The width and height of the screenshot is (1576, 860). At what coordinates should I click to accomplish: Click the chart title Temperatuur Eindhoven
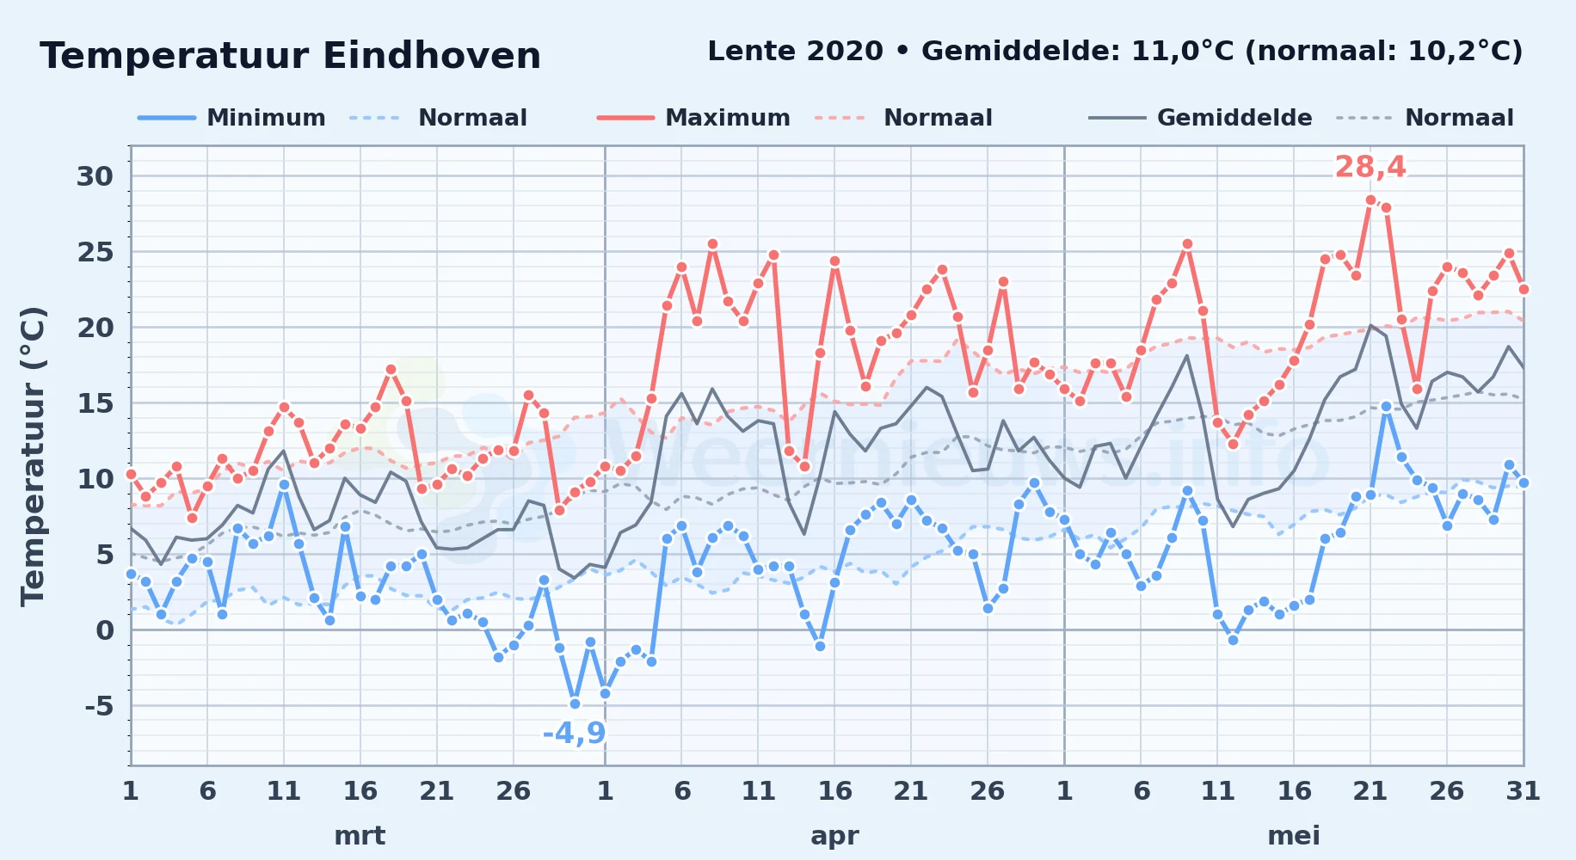(290, 56)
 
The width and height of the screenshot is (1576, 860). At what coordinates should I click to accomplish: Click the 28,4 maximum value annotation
(1370, 167)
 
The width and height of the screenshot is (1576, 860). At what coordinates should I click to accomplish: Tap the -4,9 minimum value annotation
(574, 734)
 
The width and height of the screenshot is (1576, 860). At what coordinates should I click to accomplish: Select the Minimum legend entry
(232, 118)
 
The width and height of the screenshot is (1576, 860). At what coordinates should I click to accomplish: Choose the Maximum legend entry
(693, 118)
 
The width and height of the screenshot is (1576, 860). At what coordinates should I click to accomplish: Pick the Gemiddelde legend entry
(1201, 118)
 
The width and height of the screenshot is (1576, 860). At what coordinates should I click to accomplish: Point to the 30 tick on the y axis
(95, 176)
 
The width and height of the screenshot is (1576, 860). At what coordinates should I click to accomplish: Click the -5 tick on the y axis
(98, 706)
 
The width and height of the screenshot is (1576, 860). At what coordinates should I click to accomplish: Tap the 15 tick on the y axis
(95, 403)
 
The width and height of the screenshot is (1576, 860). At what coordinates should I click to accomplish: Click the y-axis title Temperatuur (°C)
(33, 456)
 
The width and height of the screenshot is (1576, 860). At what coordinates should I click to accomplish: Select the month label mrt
(360, 835)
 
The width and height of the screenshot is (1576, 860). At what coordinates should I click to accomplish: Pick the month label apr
(834, 835)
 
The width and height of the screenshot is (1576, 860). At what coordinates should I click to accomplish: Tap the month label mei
(1294, 835)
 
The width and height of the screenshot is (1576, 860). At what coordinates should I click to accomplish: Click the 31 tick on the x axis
(1523, 790)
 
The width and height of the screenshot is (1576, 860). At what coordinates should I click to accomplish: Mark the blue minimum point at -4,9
(575, 703)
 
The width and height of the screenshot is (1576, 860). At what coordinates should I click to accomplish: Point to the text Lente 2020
(795, 52)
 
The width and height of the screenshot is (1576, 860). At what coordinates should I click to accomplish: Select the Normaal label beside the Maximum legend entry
(938, 118)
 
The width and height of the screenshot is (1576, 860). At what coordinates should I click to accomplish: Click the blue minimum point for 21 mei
(1370, 494)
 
